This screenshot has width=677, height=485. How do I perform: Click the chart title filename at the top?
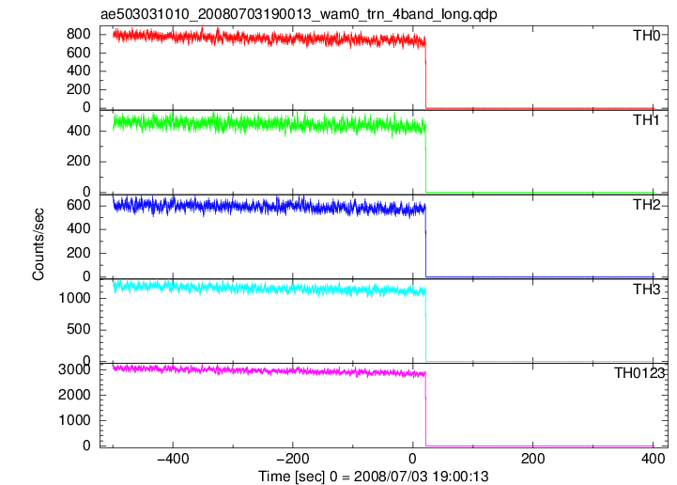[299, 14]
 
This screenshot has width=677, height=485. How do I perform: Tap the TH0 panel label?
[646, 36]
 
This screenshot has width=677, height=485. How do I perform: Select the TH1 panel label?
[646, 120]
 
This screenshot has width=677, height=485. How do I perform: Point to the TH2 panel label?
[646, 205]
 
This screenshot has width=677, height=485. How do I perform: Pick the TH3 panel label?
[646, 289]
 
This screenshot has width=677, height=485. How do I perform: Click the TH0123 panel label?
[639, 372]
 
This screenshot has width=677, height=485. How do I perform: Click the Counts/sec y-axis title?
[38, 244]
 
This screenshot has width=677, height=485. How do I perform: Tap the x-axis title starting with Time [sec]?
[374, 477]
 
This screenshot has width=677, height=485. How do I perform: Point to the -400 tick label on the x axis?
[173, 459]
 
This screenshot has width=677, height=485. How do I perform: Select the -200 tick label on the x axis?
[293, 459]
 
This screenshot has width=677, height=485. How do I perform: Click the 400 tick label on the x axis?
[654, 459]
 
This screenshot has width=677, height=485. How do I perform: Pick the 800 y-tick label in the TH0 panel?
[79, 34]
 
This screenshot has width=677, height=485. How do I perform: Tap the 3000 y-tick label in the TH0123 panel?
[74, 369]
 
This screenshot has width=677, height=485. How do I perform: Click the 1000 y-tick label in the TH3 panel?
[74, 298]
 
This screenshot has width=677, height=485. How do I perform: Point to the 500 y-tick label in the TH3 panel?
[79, 329]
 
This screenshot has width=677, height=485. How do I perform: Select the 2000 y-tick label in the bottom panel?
[74, 395]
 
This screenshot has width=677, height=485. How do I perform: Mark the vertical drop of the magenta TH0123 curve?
[425, 410]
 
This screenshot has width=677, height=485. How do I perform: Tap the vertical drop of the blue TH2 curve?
[425, 243]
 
